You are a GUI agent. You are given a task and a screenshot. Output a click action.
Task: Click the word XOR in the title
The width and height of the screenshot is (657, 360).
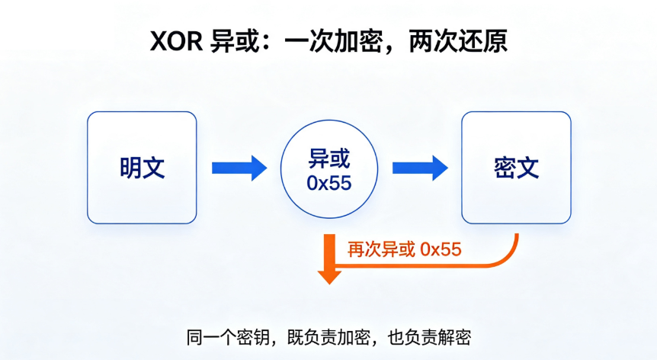[176, 41]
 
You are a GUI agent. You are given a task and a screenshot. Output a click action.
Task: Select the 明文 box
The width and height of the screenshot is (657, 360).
[142, 168]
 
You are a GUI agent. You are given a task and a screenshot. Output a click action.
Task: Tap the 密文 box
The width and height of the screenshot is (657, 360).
[516, 168]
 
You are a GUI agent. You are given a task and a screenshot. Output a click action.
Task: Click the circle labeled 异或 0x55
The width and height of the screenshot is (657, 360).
[329, 169]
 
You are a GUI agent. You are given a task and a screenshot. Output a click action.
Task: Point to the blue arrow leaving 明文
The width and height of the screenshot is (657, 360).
[239, 168]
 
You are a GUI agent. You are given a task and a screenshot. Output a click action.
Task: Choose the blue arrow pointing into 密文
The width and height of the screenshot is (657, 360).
[420, 168]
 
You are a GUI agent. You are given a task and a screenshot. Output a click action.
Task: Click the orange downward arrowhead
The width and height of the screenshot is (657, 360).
[329, 278]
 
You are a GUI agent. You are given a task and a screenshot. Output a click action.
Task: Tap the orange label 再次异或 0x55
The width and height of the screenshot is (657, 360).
[405, 249]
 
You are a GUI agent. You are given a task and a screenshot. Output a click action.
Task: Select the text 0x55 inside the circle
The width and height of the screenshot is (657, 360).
[329, 183]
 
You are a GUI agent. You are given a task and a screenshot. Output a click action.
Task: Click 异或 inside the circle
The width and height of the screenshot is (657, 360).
[329, 159]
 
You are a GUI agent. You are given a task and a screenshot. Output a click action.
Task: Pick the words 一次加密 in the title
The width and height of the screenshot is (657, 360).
[332, 41]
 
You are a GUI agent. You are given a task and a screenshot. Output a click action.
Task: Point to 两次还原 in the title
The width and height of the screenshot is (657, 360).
[457, 41]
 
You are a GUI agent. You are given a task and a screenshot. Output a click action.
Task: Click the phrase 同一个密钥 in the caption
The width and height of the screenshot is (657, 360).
[228, 337]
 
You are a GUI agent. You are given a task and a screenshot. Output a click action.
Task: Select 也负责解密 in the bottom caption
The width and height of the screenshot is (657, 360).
[429, 337]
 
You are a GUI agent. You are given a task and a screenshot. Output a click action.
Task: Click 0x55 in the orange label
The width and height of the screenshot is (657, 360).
[441, 249]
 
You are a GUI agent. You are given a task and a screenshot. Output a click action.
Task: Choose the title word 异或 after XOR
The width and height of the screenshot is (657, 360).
[235, 41]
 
